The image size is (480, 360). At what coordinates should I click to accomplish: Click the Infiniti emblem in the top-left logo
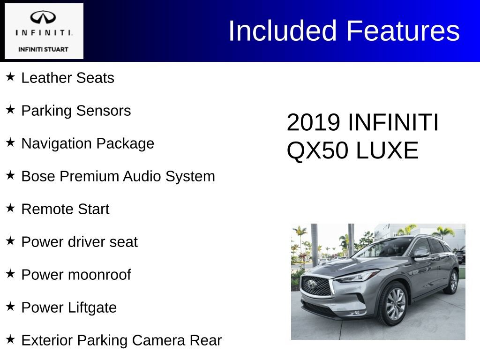point(44,17)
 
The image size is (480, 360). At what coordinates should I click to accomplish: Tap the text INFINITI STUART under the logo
point(43,49)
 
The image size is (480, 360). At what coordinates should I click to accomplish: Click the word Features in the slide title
point(403,31)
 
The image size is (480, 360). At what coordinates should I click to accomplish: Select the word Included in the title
point(283,31)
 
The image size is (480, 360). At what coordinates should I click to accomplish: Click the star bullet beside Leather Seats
point(11,76)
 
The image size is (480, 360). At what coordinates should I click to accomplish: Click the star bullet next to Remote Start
point(11,208)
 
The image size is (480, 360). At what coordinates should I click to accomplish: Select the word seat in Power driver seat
point(124,242)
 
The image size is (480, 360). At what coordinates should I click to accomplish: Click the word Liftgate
point(93,307)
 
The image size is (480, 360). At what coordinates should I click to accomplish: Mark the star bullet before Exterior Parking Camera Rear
point(11,339)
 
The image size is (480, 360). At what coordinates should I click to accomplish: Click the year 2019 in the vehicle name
point(313,123)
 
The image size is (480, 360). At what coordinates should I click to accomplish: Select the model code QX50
point(317,151)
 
